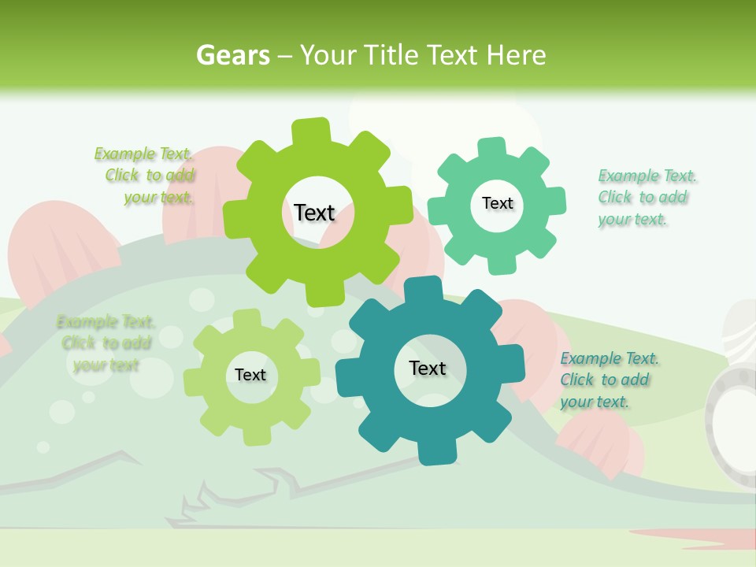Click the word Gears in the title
[233, 55]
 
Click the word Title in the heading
[391, 55]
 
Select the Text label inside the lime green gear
[314, 213]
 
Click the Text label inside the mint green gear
[497, 203]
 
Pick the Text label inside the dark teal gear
[428, 368]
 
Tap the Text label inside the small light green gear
[250, 375]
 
